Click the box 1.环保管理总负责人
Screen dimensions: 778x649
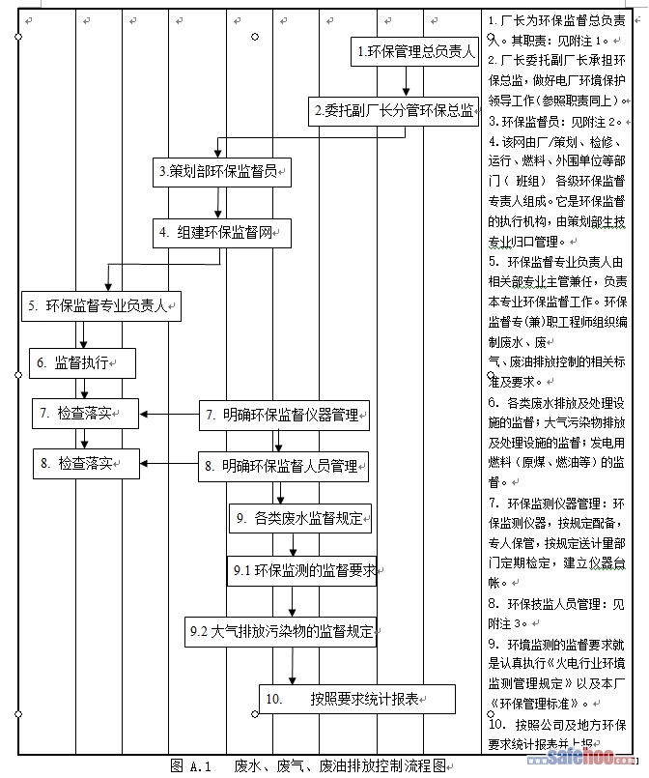(x=415, y=52)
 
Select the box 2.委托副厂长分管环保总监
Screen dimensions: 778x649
(x=394, y=111)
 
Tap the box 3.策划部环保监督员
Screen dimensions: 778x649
(x=223, y=172)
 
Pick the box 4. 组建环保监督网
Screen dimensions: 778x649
(x=221, y=232)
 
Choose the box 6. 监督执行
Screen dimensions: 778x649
(x=81, y=363)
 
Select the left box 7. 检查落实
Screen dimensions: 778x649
(x=84, y=414)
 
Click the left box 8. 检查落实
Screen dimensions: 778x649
(x=84, y=463)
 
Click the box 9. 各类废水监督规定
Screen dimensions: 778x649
(x=299, y=518)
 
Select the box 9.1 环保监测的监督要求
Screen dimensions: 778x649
(x=302, y=570)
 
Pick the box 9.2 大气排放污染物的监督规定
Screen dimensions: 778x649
(x=280, y=631)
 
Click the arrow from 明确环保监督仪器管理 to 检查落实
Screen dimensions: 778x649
(x=169, y=416)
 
